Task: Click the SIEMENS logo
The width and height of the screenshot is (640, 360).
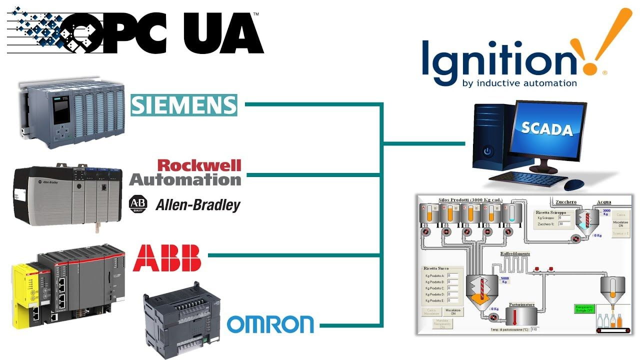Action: tap(183, 105)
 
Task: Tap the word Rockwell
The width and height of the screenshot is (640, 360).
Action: tap(199, 165)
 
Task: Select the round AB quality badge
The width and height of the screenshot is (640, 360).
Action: tap(138, 204)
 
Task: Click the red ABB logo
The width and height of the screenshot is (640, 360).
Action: tap(166, 257)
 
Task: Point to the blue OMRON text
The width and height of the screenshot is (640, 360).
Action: tap(270, 324)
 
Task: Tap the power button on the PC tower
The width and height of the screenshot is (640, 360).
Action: tap(487, 151)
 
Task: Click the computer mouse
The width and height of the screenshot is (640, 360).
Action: tap(574, 184)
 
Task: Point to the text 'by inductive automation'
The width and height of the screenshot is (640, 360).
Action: tap(520, 83)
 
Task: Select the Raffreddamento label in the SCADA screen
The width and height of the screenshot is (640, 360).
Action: tap(515, 254)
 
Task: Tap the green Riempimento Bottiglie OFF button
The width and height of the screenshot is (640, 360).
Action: tap(584, 309)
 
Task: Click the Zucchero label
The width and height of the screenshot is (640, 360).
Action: tap(566, 202)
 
